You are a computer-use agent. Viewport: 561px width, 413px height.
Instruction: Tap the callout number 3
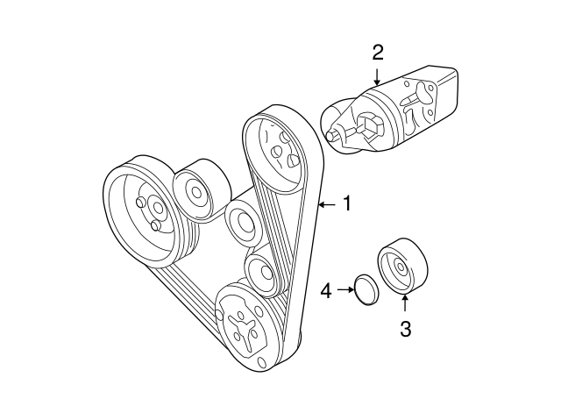[x=405, y=330]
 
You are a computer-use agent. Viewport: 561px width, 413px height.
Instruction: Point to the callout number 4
[x=326, y=288]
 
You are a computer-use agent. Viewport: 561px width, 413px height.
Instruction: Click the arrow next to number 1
[x=326, y=204]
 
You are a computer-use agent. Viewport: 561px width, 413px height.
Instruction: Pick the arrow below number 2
[x=377, y=77]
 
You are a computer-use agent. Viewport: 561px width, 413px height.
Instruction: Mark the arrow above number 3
[x=405, y=305]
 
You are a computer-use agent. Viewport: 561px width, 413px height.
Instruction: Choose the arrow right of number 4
[x=343, y=288]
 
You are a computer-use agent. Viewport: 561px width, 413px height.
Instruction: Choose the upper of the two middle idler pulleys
[x=242, y=224]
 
